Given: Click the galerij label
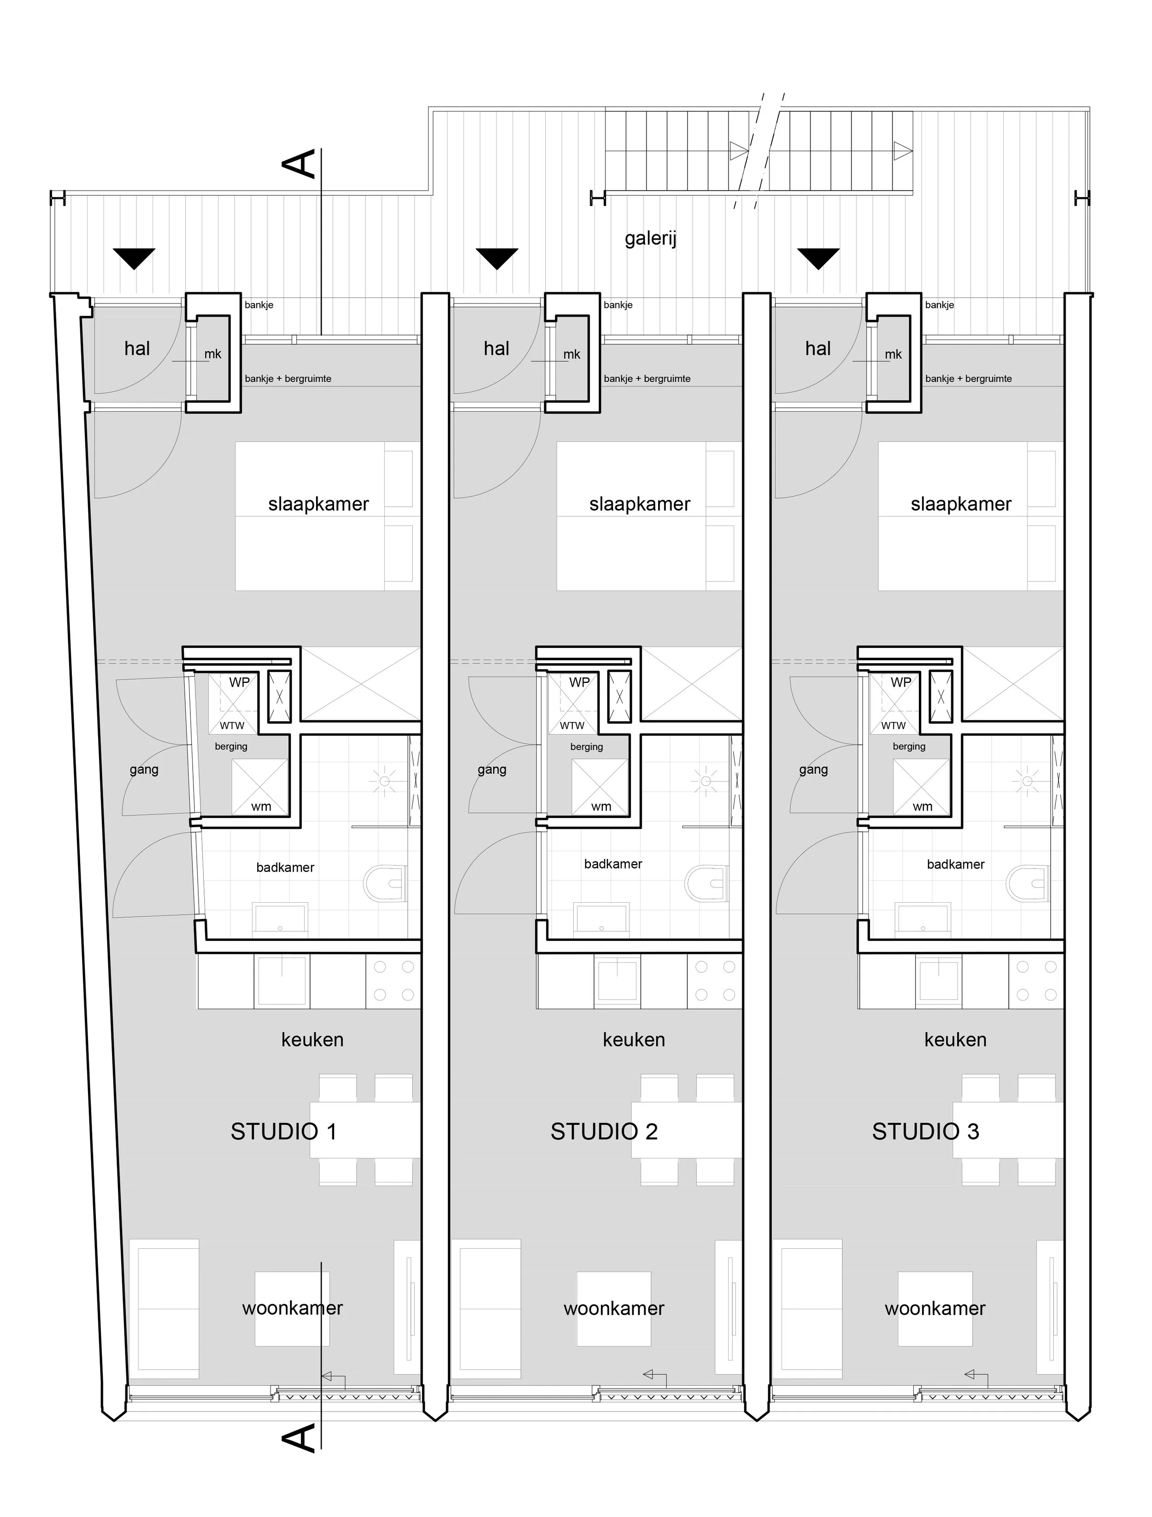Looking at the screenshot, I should [x=650, y=239].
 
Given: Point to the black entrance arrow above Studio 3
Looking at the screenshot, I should [x=818, y=259].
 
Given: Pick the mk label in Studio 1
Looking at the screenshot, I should [x=212, y=354].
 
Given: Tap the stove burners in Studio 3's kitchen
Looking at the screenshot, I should [x=1036, y=981].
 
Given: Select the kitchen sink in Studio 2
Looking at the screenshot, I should [x=618, y=981].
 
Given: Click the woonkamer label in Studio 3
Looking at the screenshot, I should [x=935, y=1309].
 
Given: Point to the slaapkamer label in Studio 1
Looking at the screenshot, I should [x=318, y=504].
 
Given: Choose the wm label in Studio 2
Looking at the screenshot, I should [x=601, y=806].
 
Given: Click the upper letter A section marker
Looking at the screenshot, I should [x=301, y=165].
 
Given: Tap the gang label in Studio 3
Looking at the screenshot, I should [x=813, y=770].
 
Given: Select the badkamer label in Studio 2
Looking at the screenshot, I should [x=613, y=864].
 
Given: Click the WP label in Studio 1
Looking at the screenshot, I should [x=239, y=682].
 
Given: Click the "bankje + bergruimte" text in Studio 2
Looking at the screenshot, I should [x=647, y=379].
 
